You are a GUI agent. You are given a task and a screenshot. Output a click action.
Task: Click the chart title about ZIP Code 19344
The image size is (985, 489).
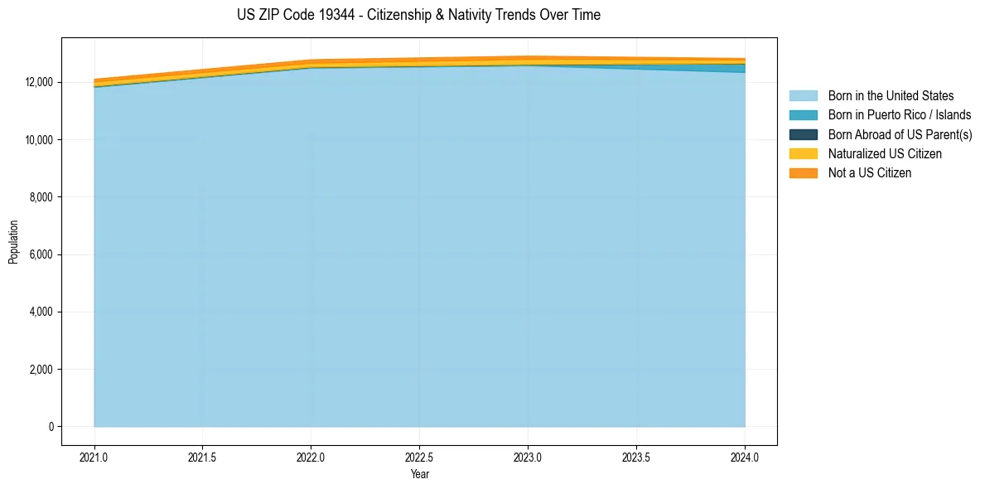coord(418,15)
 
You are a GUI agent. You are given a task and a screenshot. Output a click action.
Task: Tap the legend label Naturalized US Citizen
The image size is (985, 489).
coord(885,154)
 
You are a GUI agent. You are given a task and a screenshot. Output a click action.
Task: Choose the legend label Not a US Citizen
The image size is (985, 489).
coord(870,173)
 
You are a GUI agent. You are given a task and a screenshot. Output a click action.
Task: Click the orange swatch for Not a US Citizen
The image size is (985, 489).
coord(803,173)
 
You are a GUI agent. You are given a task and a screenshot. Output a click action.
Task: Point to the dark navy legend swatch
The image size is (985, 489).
coord(803,134)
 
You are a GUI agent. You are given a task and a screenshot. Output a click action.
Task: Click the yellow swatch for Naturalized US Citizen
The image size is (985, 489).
coord(803,154)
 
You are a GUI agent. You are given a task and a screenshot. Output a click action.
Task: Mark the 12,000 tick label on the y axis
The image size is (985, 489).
coord(40,82)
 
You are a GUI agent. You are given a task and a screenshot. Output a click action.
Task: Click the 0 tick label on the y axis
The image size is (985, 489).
coord(51,427)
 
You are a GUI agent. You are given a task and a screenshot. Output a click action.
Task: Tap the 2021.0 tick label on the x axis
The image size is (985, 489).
coord(94,457)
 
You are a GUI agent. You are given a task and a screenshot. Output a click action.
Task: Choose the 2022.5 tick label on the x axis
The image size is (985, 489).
coord(419,457)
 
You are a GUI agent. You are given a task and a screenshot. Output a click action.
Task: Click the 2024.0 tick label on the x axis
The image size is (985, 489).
coord(745,457)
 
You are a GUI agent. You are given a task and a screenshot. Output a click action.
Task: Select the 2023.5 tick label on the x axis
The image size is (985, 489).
coord(636,457)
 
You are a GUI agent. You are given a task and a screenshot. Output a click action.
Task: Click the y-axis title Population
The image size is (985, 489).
coord(13,242)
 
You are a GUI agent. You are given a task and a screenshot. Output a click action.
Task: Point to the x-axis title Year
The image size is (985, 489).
coord(419,474)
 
